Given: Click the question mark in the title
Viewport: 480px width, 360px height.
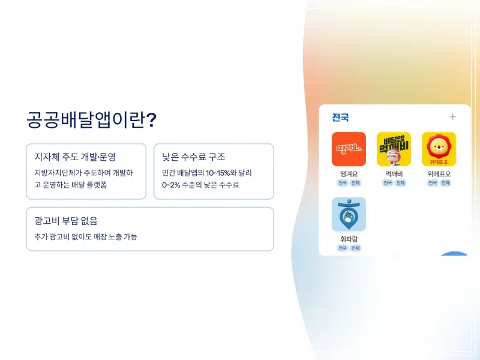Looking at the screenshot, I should coord(152,120).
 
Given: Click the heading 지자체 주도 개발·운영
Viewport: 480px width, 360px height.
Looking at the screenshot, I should coord(76,157).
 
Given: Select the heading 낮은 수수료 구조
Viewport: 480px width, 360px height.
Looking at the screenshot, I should coord(194,157).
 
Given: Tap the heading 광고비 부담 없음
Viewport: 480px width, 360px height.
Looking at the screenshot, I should coord(66,221).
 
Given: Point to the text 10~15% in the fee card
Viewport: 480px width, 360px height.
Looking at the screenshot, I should coord(215,173).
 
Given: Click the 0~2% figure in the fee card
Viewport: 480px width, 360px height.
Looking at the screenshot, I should coord(172,185).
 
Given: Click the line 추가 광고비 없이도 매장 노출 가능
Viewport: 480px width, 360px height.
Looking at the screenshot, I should coord(86,237).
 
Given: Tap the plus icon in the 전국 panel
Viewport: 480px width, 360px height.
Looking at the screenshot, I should coord(453,117).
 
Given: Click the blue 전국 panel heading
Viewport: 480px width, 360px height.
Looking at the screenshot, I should coord(340,118).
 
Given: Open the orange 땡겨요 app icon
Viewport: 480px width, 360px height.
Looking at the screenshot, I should coord(349,149).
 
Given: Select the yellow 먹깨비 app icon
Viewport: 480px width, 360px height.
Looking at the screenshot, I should coord(394,149).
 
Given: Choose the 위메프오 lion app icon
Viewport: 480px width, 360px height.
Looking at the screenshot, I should coord(439,149).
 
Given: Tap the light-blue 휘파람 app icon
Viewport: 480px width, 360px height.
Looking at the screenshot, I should coord(349,214).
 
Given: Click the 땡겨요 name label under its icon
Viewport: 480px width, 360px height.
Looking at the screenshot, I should coord(349,174).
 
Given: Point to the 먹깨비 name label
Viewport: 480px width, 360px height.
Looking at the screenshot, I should coord(394,174).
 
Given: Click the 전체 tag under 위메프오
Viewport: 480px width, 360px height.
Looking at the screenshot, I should coord(446,183).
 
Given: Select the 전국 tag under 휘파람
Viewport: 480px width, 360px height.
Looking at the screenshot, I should coord(342,248).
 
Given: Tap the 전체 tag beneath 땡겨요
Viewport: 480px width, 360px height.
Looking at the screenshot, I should coord(355,183).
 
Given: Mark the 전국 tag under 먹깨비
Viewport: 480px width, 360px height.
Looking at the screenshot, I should coord(387,183).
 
